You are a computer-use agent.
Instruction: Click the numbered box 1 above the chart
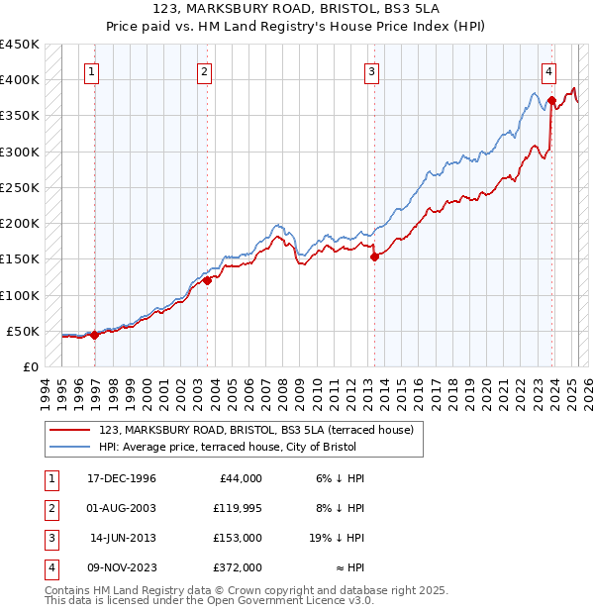[x=91, y=70]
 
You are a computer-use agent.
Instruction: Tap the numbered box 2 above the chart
[x=203, y=70]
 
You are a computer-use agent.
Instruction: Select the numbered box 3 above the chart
[x=370, y=70]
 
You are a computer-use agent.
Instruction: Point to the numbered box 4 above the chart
[x=547, y=70]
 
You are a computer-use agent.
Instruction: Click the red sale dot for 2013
[x=374, y=256]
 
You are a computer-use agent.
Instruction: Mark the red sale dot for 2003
[x=207, y=280]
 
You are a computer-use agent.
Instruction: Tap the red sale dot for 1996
[x=95, y=335]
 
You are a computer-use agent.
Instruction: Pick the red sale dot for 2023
[x=551, y=99]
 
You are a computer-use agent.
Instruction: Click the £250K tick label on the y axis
[x=20, y=187]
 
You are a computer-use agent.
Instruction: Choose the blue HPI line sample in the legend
[x=69, y=448]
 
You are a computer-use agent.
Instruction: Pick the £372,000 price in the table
[x=239, y=568]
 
